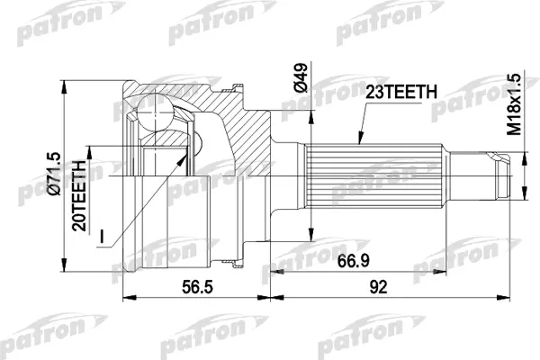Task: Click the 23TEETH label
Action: pos(401,93)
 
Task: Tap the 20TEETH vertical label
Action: pos(79,195)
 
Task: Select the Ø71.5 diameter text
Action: pos(55,174)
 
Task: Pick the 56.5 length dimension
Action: pos(197,287)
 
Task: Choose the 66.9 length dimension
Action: pos(354,261)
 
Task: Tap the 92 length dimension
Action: pos(378,287)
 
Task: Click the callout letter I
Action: pos(101,238)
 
